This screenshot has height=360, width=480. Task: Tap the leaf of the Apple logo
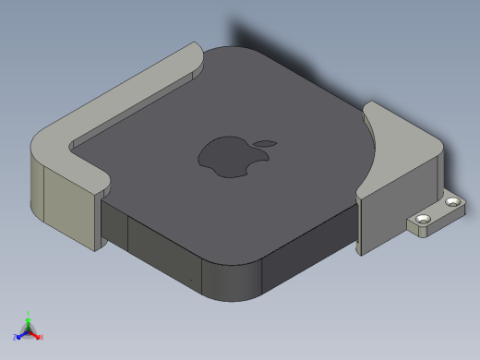click(266, 143)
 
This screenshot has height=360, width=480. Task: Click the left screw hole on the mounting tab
click(424, 219)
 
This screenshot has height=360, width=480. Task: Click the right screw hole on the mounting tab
click(452, 201)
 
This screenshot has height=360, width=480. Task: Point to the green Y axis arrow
click(29, 320)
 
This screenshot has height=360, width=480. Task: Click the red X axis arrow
click(37, 334)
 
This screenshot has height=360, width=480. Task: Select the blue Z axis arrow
click(20, 334)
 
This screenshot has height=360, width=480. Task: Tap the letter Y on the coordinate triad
click(29, 313)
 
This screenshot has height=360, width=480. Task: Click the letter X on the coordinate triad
click(42, 337)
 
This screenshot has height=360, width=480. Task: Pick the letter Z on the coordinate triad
click(15, 338)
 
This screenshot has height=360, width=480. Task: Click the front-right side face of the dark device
click(305, 258)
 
